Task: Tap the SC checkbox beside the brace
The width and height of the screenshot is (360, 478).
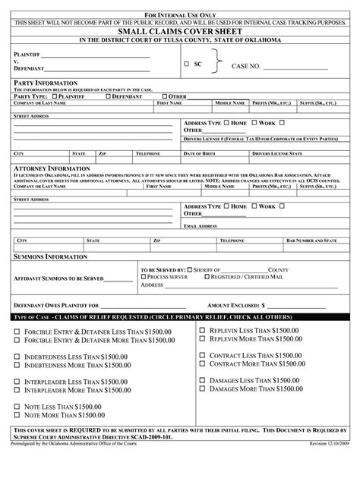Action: click(187, 64)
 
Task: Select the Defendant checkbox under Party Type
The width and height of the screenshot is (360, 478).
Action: click(109, 96)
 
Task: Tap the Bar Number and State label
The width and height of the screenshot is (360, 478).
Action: click(311, 240)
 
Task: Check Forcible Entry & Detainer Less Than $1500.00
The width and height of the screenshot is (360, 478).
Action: click(17, 332)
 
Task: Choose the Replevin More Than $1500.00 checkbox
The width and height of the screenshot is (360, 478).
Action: click(201, 339)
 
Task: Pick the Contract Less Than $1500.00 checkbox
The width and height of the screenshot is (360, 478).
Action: click(201, 355)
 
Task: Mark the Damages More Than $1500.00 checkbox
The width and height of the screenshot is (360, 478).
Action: click(201, 388)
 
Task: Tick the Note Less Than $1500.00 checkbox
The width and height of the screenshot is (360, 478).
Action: click(17, 407)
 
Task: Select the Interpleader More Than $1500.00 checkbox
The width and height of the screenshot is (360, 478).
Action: click(17, 390)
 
